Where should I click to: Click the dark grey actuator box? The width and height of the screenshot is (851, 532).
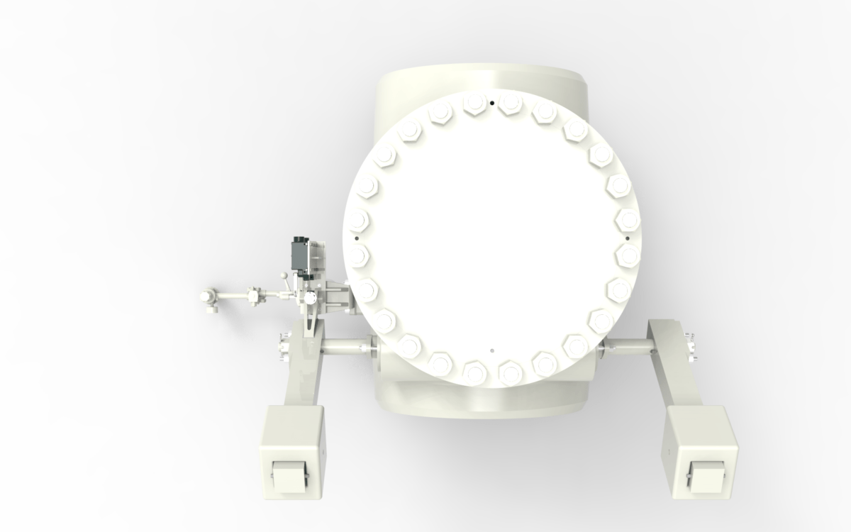tap(299, 255)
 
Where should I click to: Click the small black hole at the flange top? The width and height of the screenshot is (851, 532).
tap(491, 102)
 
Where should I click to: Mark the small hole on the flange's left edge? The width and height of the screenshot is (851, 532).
tap(356, 238)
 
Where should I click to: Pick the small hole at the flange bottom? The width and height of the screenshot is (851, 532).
tap(491, 350)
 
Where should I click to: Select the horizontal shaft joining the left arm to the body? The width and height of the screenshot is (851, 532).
tap(344, 347)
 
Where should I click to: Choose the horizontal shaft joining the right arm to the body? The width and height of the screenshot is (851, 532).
tap(627, 346)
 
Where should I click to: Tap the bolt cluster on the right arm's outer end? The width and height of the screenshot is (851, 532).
tap(689, 345)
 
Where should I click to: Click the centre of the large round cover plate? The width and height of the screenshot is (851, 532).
tap(491, 227)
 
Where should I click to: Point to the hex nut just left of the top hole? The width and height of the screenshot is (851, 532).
tap(473, 105)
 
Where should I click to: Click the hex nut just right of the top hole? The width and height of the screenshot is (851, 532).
tap(509, 105)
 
